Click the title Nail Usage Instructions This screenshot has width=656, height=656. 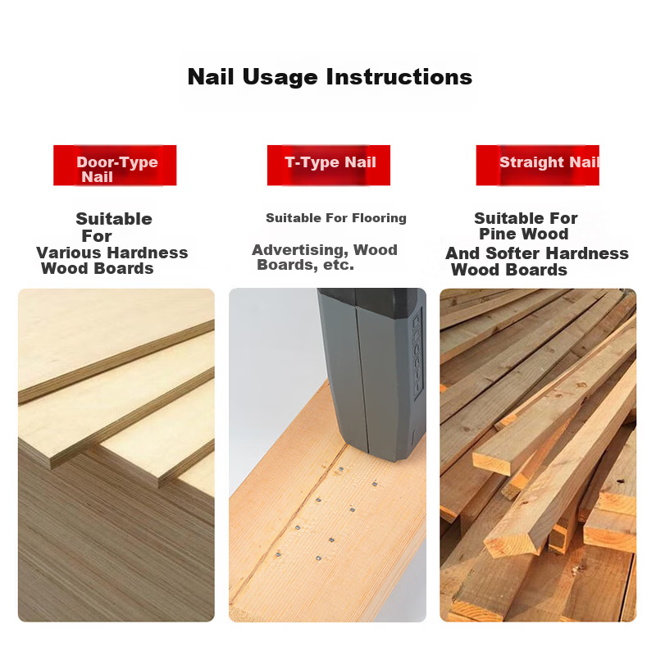point(330,77)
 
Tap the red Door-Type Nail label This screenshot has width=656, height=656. point(115,166)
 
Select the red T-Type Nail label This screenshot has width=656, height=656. point(329,166)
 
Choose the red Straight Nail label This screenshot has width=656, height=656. point(538,166)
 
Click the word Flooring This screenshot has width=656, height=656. point(379,218)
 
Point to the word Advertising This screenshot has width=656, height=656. point(300,250)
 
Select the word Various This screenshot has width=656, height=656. point(69,253)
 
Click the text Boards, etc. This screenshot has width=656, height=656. point(305,265)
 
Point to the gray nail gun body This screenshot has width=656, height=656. point(371,372)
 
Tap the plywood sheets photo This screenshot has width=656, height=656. point(116,455)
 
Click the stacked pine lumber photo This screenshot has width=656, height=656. point(538,455)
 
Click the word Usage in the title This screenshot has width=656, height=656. point(280,78)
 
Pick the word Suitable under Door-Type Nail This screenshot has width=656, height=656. point(114,219)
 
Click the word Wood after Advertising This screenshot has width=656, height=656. point(376,250)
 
